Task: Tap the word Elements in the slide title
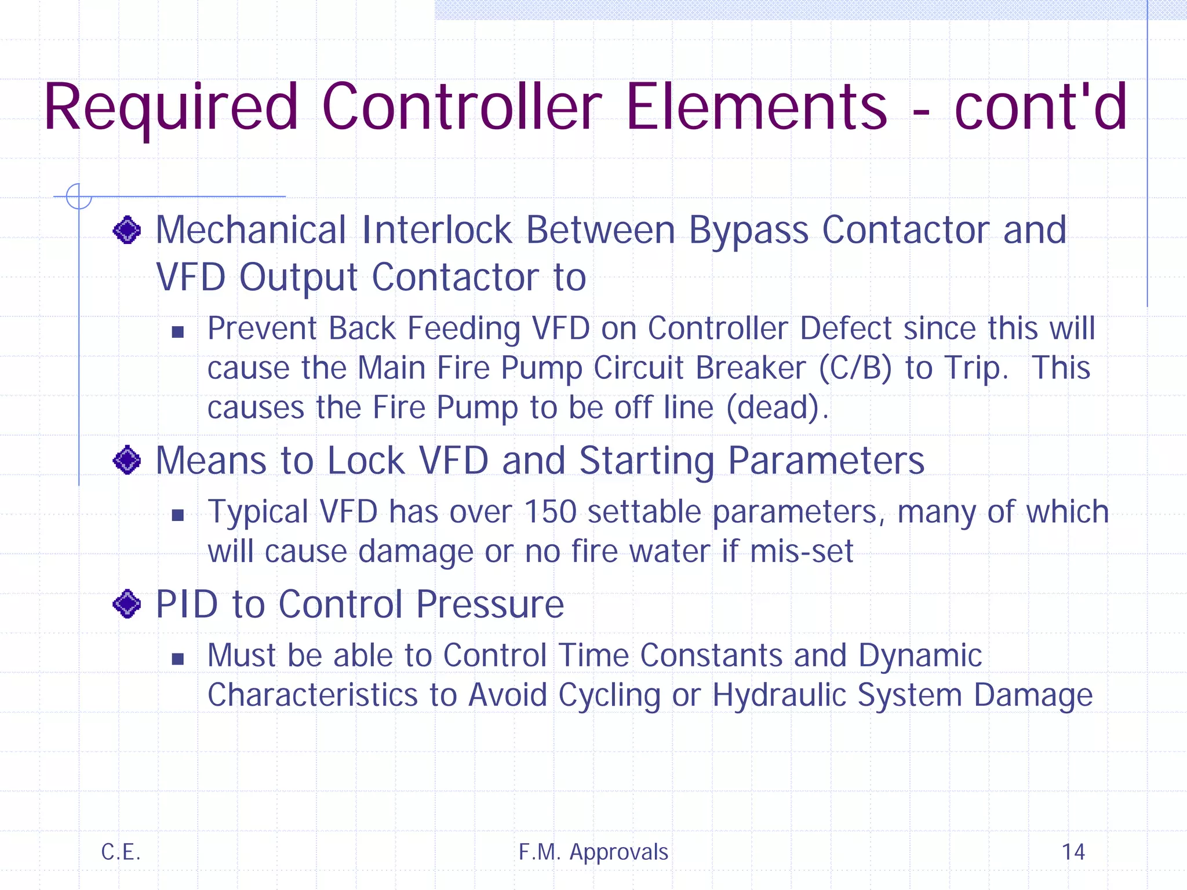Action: pyautogui.click(x=756, y=107)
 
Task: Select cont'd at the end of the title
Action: pyautogui.click(x=1040, y=107)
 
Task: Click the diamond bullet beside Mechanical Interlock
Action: pyautogui.click(x=127, y=231)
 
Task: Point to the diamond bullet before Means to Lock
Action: pyautogui.click(x=127, y=461)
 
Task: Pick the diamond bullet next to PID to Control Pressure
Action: pyautogui.click(x=127, y=604)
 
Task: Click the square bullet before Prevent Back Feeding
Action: pyautogui.click(x=178, y=332)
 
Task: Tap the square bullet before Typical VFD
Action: pyautogui.click(x=178, y=515)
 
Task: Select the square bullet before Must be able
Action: pyautogui.click(x=178, y=659)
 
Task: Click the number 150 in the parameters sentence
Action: pyautogui.click(x=550, y=512)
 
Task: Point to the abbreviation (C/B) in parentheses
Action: pyautogui.click(x=855, y=369)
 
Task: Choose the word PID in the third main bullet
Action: pyautogui.click(x=187, y=604)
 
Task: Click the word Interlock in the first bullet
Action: pyautogui.click(x=436, y=230)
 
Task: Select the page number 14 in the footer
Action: pyautogui.click(x=1073, y=852)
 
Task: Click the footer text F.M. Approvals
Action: pyautogui.click(x=593, y=852)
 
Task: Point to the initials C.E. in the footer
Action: pyautogui.click(x=121, y=852)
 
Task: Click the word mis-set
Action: pyautogui.click(x=802, y=551)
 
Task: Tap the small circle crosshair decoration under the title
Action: pyautogui.click(x=79, y=196)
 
